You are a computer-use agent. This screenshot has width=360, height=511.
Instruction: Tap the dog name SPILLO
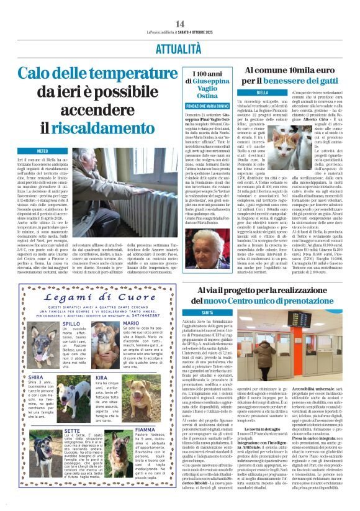[x=71, y=323]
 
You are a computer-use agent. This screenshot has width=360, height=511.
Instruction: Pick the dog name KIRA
[x=102, y=377]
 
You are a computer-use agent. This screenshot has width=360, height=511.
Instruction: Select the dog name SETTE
[x=71, y=429]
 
